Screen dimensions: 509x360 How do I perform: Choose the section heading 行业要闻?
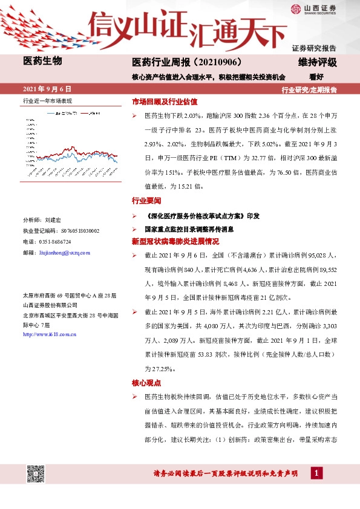146,200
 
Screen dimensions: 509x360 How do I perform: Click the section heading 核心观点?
146,383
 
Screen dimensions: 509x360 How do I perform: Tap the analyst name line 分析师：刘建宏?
43,221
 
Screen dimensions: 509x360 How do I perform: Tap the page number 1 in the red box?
315,473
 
